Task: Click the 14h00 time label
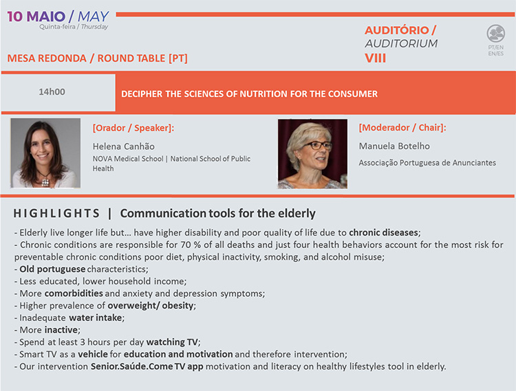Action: click(x=52, y=91)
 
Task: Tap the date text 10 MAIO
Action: click(x=36, y=16)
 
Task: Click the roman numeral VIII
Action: click(x=375, y=58)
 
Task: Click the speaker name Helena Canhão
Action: click(x=123, y=146)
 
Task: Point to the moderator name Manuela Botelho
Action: click(x=394, y=146)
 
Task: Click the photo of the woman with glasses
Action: click(x=312, y=154)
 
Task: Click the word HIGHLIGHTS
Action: click(x=56, y=214)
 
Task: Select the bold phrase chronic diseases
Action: click(x=383, y=233)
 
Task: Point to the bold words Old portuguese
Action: click(x=52, y=269)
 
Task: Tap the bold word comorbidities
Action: click(x=74, y=293)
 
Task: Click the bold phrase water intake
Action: click(x=96, y=317)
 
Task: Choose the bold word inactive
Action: click(x=61, y=330)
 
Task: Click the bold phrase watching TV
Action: click(x=172, y=342)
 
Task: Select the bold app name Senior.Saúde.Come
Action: click(x=132, y=366)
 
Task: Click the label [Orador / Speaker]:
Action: click(x=133, y=128)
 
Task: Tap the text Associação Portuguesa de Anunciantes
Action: click(x=427, y=163)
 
